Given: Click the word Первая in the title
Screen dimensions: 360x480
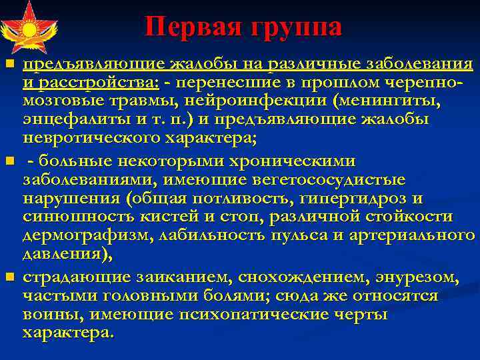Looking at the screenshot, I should [x=193, y=27].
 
